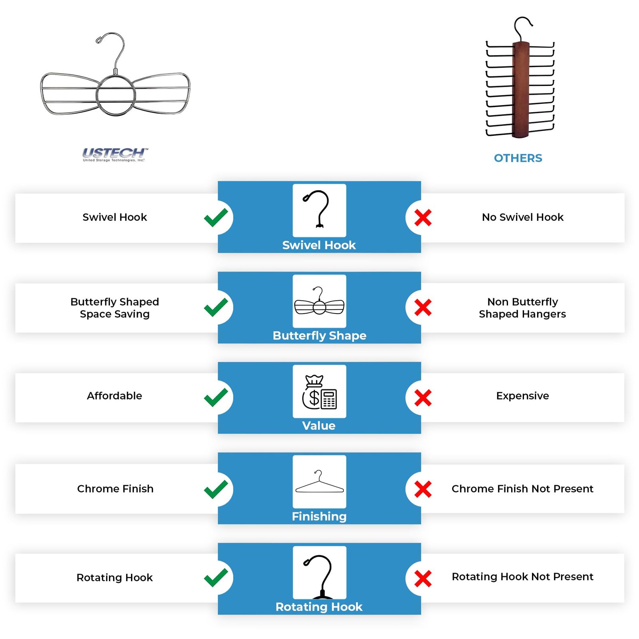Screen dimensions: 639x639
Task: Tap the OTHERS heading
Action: pyautogui.click(x=518, y=158)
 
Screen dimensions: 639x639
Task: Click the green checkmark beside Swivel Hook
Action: pyautogui.click(x=216, y=218)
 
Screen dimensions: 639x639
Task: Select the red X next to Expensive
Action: pyautogui.click(x=423, y=398)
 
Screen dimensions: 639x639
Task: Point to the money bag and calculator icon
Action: pyautogui.click(x=319, y=392)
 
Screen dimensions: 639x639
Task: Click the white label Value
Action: pyautogui.click(x=319, y=426)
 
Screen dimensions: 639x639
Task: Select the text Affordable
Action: pyautogui.click(x=115, y=396)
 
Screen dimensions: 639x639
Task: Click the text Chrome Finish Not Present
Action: pyautogui.click(x=522, y=489)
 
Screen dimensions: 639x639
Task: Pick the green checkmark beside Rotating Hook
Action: pyautogui.click(x=216, y=578)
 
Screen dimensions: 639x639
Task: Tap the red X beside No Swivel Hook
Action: pyautogui.click(x=423, y=218)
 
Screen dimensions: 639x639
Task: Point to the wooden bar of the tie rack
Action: pyautogui.click(x=521, y=90)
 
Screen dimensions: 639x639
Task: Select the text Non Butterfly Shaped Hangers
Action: pyautogui.click(x=522, y=308)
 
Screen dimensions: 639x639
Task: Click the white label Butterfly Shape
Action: pyautogui.click(x=319, y=335)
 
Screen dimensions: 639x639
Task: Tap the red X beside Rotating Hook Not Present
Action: pyautogui.click(x=423, y=579)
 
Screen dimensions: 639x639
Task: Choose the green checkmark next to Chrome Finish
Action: pyautogui.click(x=216, y=490)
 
